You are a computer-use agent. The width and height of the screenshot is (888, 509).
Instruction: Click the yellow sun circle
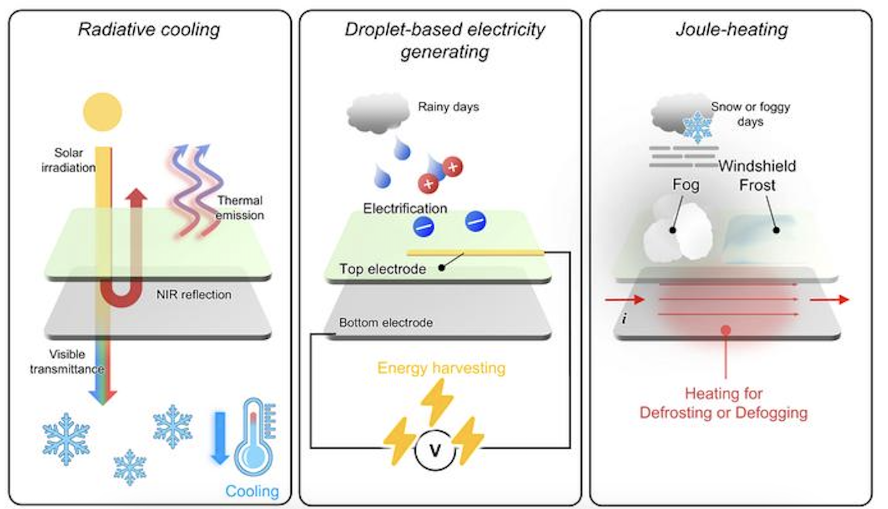coord(103,112)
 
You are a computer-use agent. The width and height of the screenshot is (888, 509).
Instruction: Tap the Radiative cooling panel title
coord(149,29)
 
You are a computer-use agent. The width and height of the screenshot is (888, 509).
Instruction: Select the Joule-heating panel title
coord(731,29)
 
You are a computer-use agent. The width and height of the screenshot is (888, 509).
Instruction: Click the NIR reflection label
coord(194,294)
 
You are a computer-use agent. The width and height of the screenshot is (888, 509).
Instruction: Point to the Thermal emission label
coord(240,207)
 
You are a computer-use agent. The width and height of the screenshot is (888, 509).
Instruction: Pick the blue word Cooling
coord(252,491)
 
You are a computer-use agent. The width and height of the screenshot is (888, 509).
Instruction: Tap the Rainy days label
coord(448,106)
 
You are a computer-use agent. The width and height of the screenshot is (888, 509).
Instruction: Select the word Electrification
coord(405,208)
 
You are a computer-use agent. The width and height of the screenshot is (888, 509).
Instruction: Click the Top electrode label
coord(383,269)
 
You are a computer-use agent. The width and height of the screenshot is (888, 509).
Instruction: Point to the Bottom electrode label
coord(386,322)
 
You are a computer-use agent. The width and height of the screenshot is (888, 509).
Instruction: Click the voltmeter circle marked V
coord(435,450)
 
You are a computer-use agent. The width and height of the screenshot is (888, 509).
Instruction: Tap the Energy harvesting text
coord(441,368)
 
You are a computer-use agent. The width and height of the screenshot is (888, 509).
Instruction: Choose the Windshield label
coord(757,166)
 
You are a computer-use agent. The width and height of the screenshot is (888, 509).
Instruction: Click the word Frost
coord(757,185)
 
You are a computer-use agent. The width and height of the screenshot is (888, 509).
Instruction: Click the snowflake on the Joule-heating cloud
coord(697,126)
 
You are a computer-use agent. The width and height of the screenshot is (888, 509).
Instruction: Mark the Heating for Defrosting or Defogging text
coord(724,403)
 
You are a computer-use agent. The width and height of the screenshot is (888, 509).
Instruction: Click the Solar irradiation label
coord(68,160)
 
